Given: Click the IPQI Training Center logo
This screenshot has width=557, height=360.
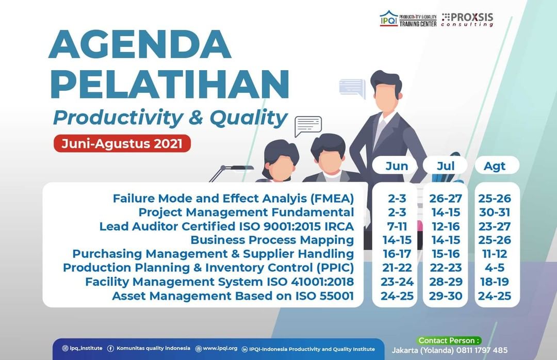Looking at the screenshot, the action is (408, 19).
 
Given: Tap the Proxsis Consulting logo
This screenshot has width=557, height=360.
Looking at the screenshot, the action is (467, 20).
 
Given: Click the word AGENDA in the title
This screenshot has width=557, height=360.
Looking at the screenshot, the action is (140, 44).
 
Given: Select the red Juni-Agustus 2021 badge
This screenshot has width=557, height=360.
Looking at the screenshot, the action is (122, 143).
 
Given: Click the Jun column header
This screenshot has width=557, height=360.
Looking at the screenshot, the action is (397, 166).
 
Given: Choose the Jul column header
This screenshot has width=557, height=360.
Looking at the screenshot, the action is (446, 166).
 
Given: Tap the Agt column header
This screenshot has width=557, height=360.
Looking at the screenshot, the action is (495, 166).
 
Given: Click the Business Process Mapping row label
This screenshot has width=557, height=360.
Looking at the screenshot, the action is (272, 240).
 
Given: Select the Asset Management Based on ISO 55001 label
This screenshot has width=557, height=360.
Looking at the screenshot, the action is (233, 296).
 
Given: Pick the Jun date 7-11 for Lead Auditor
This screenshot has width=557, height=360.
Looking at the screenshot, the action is (397, 226).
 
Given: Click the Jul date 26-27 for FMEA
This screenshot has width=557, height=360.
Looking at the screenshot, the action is (446, 198).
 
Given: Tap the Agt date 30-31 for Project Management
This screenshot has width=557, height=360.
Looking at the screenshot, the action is (495, 212).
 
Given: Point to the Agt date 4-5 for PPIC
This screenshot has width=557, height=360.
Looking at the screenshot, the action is (495, 268).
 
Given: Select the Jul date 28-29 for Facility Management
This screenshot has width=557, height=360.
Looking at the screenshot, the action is (446, 282).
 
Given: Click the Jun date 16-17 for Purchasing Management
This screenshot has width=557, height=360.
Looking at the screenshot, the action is (397, 254).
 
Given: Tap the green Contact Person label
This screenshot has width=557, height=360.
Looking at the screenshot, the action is (449, 340).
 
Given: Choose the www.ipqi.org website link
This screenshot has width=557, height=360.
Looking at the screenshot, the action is (216, 349).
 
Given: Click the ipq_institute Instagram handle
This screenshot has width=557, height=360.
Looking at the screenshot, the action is (83, 348).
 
